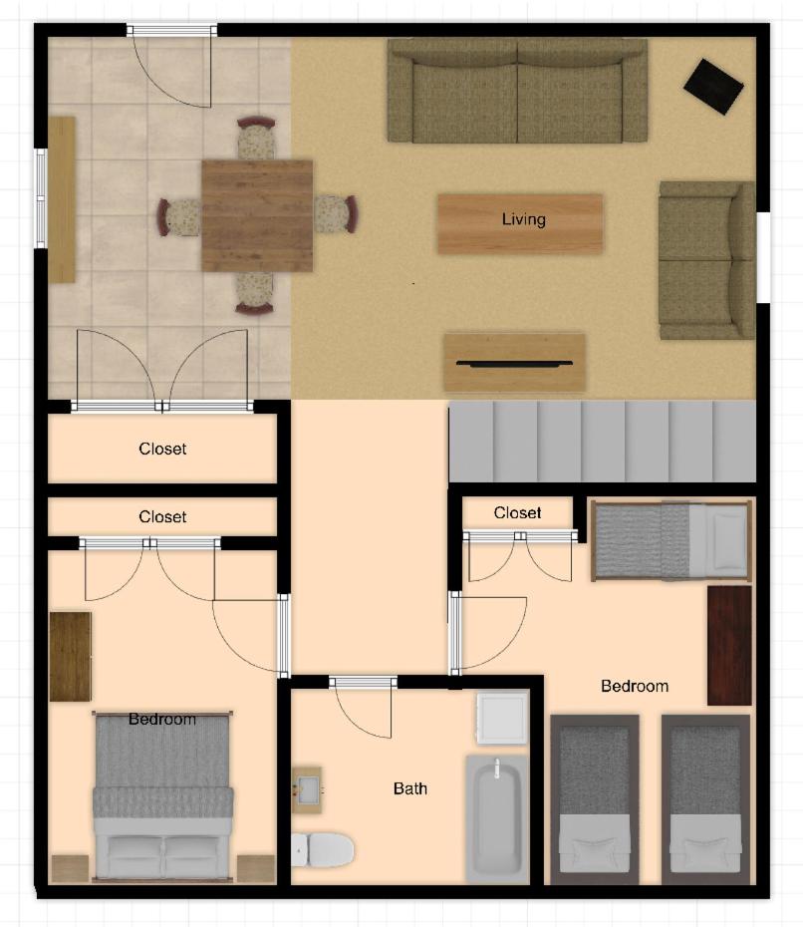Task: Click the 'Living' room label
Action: point(523,219)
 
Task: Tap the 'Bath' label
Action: point(410,788)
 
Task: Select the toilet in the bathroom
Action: point(323,849)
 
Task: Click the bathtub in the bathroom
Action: point(497,818)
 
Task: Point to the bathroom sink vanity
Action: point(307,789)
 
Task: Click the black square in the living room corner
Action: point(713,87)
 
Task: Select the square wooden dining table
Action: point(257,215)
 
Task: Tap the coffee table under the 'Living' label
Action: point(520,224)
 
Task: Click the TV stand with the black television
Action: point(515,363)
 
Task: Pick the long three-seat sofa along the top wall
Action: point(518,91)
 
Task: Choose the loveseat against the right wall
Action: point(706,260)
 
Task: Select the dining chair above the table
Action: point(256,139)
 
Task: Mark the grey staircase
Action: point(602,441)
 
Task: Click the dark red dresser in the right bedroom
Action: point(729,646)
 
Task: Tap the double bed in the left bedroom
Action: point(162,796)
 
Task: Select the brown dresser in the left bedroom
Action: point(71,657)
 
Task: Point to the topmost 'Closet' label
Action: point(162,449)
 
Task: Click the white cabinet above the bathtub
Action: point(502,718)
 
